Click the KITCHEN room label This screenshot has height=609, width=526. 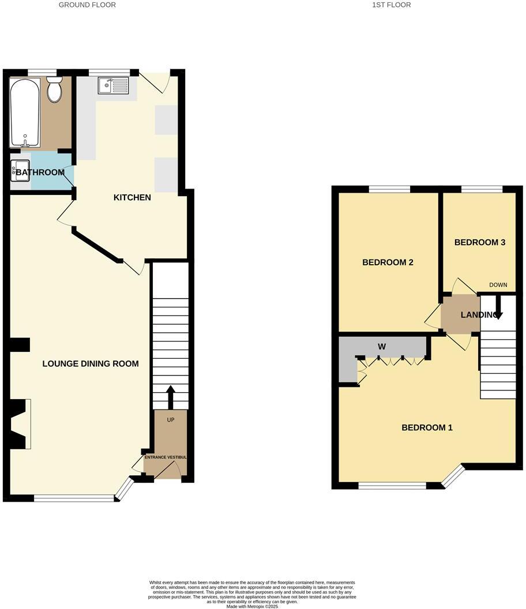(132, 198)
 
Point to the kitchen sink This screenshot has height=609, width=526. (113, 86)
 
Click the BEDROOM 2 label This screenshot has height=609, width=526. (388, 262)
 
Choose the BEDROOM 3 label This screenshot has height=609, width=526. (480, 243)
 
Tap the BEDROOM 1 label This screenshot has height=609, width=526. (427, 428)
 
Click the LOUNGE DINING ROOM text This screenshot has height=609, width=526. (91, 364)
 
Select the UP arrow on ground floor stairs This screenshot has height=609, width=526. (171, 397)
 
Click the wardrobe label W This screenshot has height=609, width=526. (381, 347)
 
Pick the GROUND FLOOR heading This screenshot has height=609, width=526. (88, 5)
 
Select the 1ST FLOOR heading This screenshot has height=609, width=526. (392, 5)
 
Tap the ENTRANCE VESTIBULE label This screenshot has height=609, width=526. (166, 457)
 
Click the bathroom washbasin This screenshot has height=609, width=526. (16, 170)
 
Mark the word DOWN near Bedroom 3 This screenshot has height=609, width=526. (498, 285)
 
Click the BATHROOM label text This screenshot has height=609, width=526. (40, 172)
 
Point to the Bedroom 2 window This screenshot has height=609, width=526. (389, 189)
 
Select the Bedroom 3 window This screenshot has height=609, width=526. (482, 189)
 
